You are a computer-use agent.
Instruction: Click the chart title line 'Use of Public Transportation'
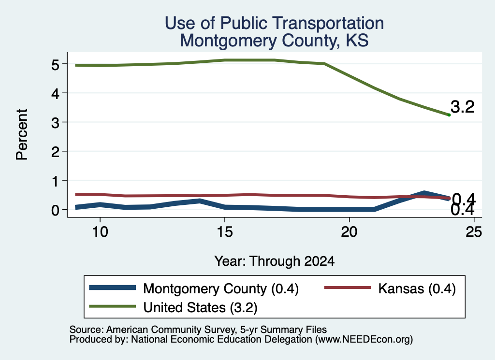[x=274, y=23]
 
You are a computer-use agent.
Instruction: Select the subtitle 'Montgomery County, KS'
[x=274, y=41]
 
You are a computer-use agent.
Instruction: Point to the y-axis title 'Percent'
[x=22, y=134]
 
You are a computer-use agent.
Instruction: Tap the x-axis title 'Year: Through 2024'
[x=275, y=261]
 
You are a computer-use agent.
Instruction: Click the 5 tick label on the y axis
[x=55, y=65]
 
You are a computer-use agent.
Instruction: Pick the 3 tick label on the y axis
[x=55, y=123]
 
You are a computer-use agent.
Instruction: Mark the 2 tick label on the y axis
[x=55, y=152]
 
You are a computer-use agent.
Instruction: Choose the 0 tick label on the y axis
[x=55, y=210]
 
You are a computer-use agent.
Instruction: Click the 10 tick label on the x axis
[x=100, y=232]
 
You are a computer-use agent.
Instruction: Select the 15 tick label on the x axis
[x=225, y=232]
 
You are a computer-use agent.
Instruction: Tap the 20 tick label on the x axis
[x=349, y=232]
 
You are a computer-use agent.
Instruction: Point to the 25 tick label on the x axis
[x=474, y=232]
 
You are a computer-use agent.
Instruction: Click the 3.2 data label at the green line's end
[x=463, y=107]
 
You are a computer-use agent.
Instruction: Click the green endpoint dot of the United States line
[x=449, y=115]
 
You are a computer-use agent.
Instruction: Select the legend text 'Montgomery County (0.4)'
[x=221, y=288]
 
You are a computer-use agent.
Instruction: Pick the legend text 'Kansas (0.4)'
[x=417, y=288]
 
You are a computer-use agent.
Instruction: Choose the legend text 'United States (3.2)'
[x=201, y=307]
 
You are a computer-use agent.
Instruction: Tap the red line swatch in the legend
[x=348, y=288]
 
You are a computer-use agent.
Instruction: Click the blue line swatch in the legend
[x=112, y=288]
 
